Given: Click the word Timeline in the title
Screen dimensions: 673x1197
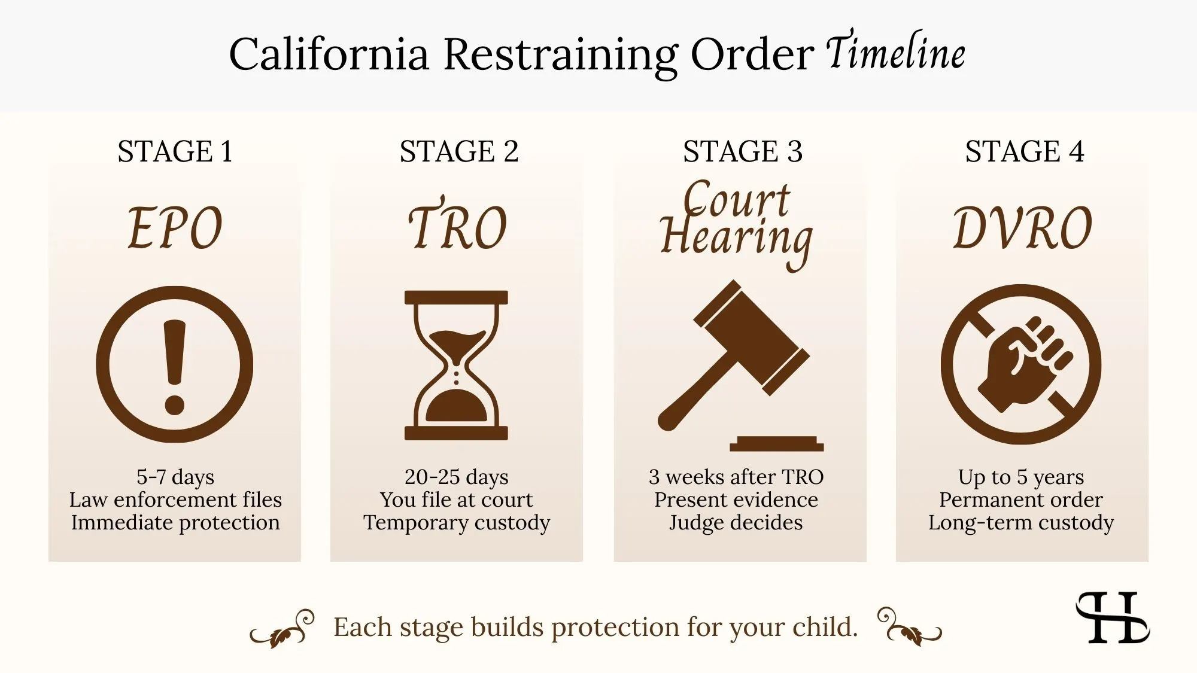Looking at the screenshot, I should (x=896, y=53).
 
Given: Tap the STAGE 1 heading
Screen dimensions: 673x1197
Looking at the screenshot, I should (x=175, y=151).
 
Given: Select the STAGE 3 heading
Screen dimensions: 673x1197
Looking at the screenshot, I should (x=742, y=151).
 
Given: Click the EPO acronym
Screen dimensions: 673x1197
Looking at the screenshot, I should (x=175, y=228).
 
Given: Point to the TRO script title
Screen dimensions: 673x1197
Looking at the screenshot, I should (x=457, y=227).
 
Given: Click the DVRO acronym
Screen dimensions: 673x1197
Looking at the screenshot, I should (x=1022, y=228).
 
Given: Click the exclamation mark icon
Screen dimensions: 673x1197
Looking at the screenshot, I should (x=175, y=364).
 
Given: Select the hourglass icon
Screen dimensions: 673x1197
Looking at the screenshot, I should (x=456, y=365).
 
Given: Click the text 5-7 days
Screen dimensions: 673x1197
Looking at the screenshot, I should (x=175, y=477).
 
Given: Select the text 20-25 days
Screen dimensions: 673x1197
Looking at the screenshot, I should (x=456, y=477).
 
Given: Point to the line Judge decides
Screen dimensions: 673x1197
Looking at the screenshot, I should (x=736, y=523).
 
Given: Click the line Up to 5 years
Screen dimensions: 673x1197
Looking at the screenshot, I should (x=1020, y=477).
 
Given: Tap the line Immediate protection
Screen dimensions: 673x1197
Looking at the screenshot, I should (x=175, y=523).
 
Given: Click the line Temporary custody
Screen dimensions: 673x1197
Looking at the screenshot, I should (x=456, y=523).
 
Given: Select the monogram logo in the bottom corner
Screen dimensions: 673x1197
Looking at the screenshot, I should (x=1112, y=617).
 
